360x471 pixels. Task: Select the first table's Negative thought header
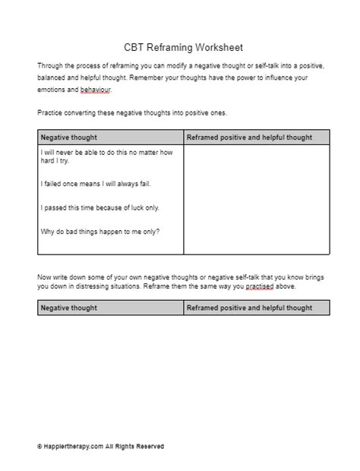[68, 138]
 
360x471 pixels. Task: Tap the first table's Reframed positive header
[249, 138]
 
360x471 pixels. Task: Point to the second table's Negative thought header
[68, 308]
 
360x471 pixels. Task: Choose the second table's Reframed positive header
[249, 308]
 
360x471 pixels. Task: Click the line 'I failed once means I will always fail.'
[93, 183]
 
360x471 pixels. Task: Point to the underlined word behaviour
[93, 90]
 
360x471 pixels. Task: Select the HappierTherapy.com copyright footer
[99, 447]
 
